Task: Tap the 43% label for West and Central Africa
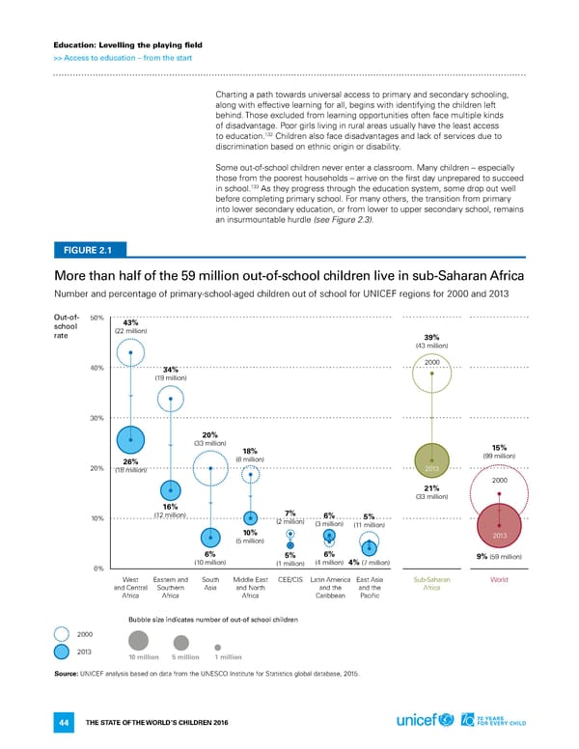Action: (x=132, y=322)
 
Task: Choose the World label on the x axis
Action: (x=499, y=580)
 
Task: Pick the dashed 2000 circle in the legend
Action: (x=59, y=633)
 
